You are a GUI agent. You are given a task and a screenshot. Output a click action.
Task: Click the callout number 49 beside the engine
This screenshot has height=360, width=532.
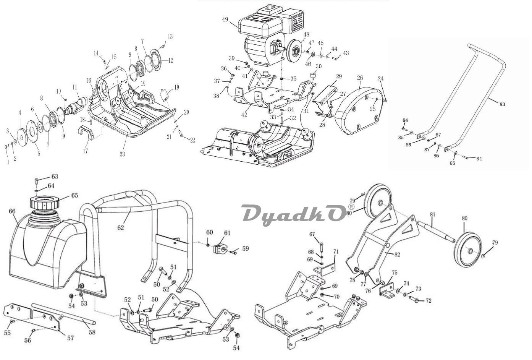coord(225,19)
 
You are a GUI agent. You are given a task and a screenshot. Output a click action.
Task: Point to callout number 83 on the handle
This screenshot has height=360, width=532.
coord(502,104)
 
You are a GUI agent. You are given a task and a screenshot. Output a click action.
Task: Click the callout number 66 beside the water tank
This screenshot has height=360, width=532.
coord(12,211)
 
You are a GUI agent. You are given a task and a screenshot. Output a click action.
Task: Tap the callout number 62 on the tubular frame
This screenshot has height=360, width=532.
coord(121,227)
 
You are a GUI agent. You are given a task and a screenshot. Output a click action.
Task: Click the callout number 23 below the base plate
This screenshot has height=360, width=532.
coord(122,154)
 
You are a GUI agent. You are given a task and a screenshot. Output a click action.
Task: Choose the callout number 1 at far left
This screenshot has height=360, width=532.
coord(8,162)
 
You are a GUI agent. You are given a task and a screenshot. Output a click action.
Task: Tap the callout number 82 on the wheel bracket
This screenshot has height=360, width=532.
coord(397,255)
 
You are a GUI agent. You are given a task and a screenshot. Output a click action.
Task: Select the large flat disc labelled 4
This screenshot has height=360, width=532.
coord(22,137)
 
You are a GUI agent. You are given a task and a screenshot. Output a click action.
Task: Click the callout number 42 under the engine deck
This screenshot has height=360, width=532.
coord(244,114)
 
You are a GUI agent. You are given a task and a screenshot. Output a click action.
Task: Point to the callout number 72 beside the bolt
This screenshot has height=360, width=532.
coord(428,301)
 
